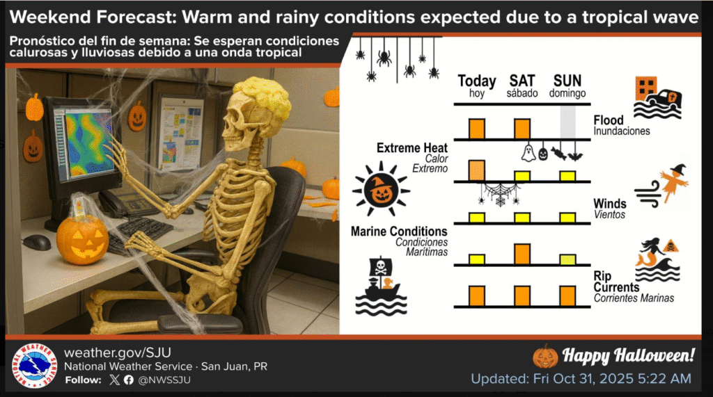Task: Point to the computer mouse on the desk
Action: click(x=36, y=242)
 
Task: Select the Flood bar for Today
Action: click(x=477, y=129)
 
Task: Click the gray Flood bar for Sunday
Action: click(x=568, y=123)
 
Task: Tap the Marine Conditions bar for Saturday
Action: click(x=522, y=254)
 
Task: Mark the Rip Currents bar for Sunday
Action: click(x=567, y=295)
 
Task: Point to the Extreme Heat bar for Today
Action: click(x=477, y=170)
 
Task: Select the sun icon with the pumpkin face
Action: click(x=380, y=188)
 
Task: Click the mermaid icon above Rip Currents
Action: click(x=649, y=252)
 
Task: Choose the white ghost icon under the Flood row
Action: click(x=528, y=153)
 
